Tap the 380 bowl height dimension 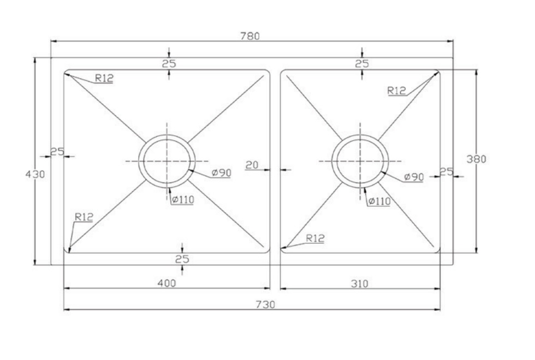coord(476,159)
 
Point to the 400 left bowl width coord(167,283)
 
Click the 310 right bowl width coord(360,284)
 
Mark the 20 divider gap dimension coord(252,165)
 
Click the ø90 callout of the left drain coord(222,173)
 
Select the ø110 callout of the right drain coord(379,201)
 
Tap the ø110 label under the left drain coord(183,199)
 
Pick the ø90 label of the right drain coord(414,177)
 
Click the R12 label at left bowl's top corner coord(104,79)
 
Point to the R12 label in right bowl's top coord(397,91)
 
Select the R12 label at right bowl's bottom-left coord(315,238)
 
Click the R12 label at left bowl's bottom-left coord(84,217)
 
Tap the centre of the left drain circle coord(167,161)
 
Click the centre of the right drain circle coord(360,161)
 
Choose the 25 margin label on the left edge coord(57,151)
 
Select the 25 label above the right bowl coord(362,64)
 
